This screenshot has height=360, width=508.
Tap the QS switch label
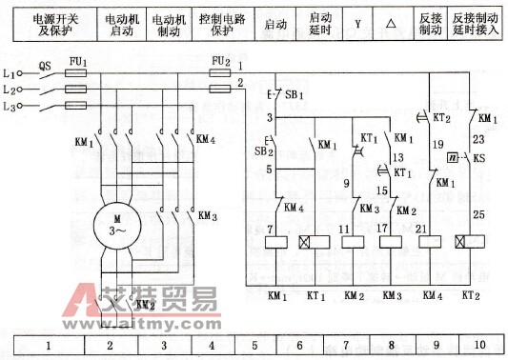45,66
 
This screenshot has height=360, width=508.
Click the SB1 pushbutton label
295,97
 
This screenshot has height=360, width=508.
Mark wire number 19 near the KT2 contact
439,145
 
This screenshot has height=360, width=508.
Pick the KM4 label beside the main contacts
207,139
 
